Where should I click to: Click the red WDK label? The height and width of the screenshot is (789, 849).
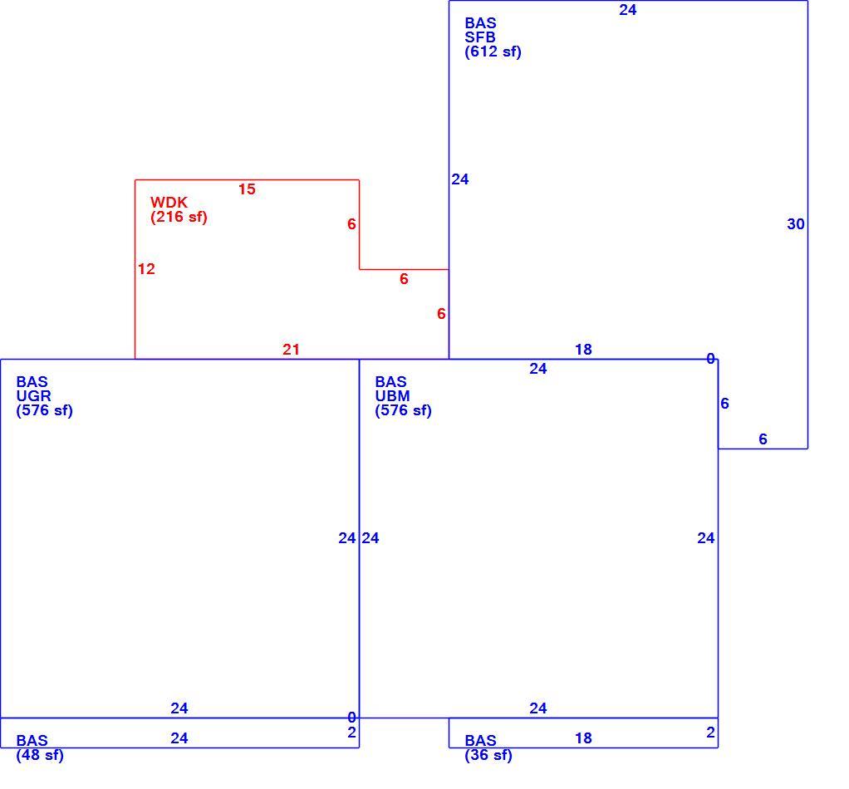(169, 203)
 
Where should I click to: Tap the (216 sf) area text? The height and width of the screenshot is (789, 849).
(179, 217)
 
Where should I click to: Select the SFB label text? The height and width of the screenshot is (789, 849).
(479, 37)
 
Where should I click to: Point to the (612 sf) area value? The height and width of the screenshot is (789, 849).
(493, 52)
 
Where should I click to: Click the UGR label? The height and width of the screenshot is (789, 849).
(33, 396)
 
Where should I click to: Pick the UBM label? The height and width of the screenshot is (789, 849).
(393, 396)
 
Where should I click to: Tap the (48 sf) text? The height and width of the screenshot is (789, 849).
(40, 755)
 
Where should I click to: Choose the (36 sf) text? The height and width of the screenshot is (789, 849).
(488, 755)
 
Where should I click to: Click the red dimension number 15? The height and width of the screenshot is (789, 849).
(247, 189)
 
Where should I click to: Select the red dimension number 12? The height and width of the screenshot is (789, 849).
(146, 269)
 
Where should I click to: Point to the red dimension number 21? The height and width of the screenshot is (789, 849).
(292, 350)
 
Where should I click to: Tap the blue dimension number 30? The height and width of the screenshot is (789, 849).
(796, 224)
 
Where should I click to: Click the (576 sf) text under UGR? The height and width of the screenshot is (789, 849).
(44, 410)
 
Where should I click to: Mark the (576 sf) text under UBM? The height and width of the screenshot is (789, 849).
(404, 410)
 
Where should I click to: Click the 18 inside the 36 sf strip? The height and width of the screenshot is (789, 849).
(583, 738)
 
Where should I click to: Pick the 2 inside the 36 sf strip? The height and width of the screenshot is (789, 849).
(711, 733)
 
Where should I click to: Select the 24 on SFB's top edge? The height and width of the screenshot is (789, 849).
(628, 10)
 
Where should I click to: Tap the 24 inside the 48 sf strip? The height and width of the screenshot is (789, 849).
(179, 738)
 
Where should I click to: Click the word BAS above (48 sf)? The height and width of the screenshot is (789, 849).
(32, 741)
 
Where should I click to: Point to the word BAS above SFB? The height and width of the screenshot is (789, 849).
(480, 23)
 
